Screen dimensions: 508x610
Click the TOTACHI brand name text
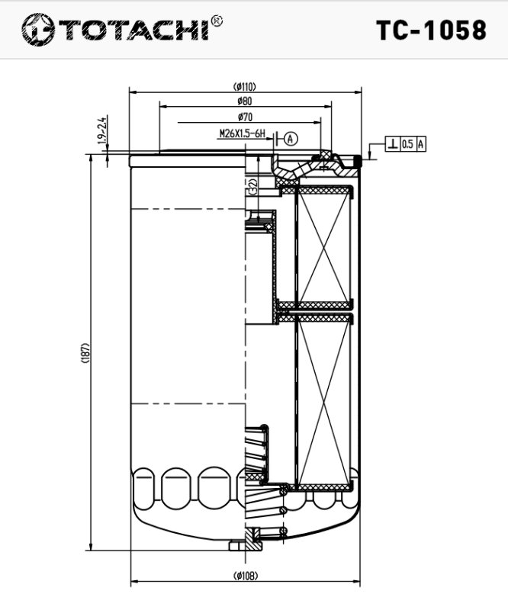[x=134, y=30]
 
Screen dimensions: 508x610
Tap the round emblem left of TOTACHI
[x=38, y=30]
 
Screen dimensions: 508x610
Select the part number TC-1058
[x=431, y=30]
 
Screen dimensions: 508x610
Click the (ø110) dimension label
[x=245, y=86]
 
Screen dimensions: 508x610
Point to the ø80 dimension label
[x=245, y=101]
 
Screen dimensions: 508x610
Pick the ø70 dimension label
[x=245, y=117]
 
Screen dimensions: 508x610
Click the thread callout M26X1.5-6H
[x=242, y=134]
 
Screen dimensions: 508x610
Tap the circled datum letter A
[x=291, y=138]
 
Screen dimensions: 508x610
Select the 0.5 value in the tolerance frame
[x=407, y=144]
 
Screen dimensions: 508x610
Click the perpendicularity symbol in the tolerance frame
[x=392, y=144]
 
